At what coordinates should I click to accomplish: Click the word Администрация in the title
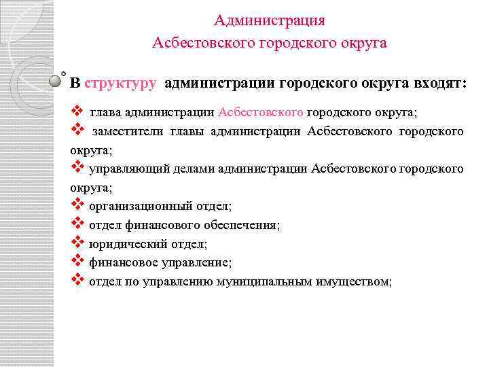tap(270, 20)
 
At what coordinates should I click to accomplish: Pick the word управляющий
tap(121, 168)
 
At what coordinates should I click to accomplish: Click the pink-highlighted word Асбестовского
tap(261, 113)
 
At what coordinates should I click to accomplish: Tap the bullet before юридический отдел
tap(77, 242)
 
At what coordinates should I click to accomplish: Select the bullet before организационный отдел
tap(77, 204)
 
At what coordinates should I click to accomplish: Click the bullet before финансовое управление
tap(77, 260)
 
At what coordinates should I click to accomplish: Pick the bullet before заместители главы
tap(77, 130)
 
